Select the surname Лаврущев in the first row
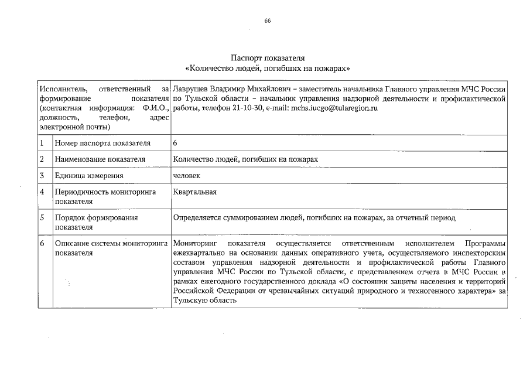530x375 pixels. (193, 89)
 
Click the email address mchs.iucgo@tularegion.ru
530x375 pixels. (332, 108)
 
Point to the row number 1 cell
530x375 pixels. (42, 143)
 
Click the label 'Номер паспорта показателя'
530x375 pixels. (102, 143)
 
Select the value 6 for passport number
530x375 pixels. (175, 143)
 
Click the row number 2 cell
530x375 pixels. (42, 159)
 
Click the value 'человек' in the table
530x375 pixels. (187, 175)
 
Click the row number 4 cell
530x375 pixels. (42, 192)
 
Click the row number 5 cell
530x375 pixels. (42, 217)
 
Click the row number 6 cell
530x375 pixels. (42, 243)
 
